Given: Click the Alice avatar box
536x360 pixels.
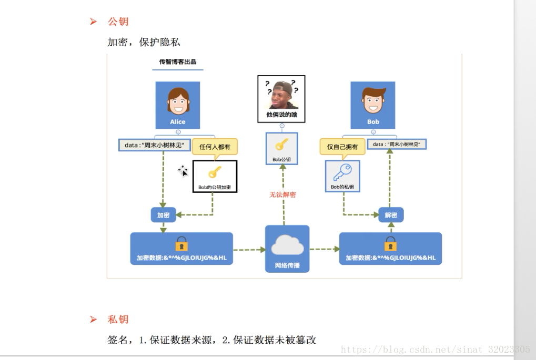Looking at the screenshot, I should click(178, 105).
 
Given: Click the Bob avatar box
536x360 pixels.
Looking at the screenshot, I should click(373, 105).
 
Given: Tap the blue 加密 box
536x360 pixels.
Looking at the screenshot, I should click(163, 215).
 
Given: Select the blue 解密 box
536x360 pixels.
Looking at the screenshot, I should click(391, 215).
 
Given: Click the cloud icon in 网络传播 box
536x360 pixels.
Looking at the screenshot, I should click(287, 245).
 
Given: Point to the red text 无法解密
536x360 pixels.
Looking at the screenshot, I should click(283, 194).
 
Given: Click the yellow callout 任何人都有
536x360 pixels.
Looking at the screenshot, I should click(215, 147).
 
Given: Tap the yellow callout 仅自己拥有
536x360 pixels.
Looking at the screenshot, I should click(342, 147).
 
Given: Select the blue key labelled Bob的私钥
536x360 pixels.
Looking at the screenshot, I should click(342, 172).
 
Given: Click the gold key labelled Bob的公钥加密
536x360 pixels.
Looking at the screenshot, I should click(215, 172).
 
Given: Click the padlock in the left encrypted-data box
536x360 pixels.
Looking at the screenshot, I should click(181, 244).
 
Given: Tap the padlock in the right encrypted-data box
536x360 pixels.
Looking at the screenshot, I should click(390, 244).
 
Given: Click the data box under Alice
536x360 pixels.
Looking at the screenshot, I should click(154, 145).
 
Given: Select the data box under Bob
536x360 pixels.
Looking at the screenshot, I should click(397, 144).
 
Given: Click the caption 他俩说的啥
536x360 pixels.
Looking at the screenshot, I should click(281, 115).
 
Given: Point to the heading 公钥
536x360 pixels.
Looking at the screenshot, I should click(118, 22).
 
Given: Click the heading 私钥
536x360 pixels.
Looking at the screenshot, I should click(118, 319).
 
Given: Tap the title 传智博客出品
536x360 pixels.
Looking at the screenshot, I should click(178, 62).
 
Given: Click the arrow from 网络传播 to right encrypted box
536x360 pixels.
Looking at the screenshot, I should click(324, 249).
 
